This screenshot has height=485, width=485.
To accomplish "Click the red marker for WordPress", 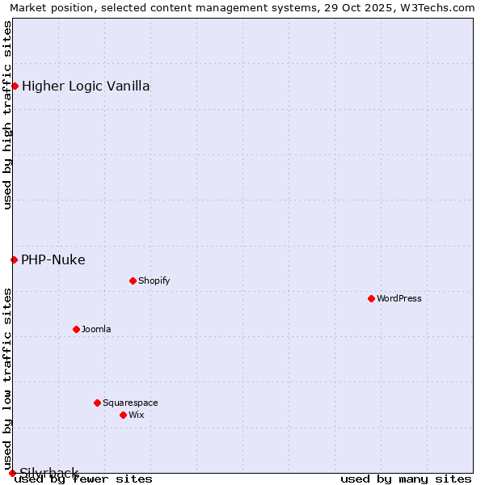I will [371, 298].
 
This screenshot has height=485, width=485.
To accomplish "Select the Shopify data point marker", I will [133, 280].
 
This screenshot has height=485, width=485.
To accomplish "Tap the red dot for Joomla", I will [76, 329].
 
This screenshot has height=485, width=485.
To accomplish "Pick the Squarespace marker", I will [97, 403].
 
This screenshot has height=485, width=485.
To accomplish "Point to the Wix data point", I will [123, 415].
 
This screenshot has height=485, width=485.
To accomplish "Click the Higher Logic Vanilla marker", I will [15, 86].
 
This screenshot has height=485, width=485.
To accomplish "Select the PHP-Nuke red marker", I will [14, 259].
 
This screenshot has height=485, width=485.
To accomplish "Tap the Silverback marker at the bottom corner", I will [12, 473].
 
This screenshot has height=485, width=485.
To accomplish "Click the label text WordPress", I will [399, 298].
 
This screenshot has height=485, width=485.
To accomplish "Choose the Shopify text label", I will [154, 280].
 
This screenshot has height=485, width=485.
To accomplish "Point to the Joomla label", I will [96, 329].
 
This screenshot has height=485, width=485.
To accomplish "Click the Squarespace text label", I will [130, 403].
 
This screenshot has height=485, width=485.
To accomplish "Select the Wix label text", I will [137, 415].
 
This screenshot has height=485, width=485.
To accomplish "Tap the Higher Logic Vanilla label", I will [86, 86].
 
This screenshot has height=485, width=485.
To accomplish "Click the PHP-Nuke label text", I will [53, 259].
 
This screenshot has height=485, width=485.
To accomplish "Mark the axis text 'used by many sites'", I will [406, 479].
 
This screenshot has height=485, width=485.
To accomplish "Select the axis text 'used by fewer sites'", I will [83, 479].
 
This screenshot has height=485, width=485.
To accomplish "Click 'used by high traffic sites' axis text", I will [8, 115].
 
